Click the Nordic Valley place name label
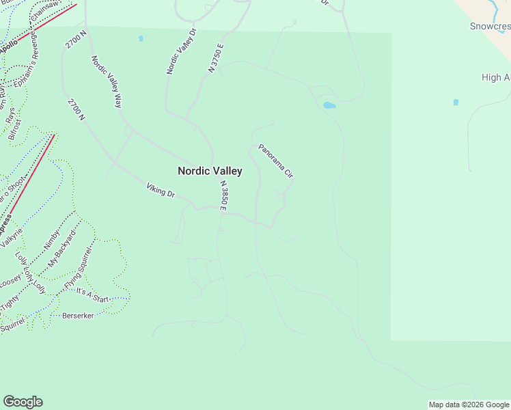(210, 171)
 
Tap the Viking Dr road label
(161, 190)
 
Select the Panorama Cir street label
(275, 161)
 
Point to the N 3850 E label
(223, 195)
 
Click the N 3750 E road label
(217, 58)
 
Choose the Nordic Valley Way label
(106, 81)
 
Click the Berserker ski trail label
(78, 316)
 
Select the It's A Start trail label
(92, 295)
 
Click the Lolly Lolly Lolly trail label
(31, 273)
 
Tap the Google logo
(23, 402)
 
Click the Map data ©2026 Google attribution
(469, 405)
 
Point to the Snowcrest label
(490, 27)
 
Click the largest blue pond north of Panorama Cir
(329, 105)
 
